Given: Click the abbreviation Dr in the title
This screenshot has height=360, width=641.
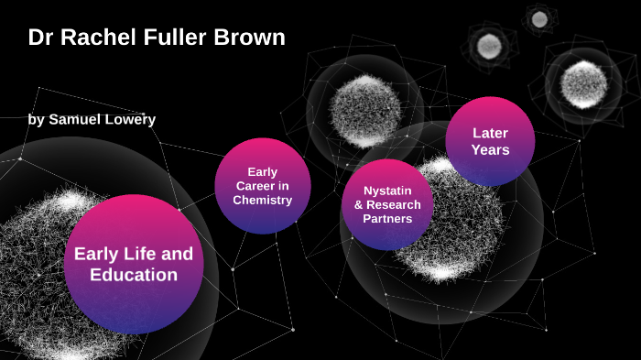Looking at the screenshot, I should [x=40, y=38].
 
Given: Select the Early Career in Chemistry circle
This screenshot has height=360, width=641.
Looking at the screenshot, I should [x=262, y=186].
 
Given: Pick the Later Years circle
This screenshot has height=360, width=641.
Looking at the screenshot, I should [x=490, y=141].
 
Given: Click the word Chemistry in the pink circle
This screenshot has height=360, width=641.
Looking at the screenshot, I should [x=262, y=200].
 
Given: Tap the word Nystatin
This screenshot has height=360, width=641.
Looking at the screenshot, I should [x=386, y=191].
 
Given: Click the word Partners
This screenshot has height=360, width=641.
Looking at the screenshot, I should [x=386, y=219].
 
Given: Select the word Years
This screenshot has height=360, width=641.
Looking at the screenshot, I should [x=490, y=150].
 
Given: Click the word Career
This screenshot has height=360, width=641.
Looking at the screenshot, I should [x=262, y=186].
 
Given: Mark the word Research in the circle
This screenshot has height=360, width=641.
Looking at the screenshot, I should [x=393, y=205].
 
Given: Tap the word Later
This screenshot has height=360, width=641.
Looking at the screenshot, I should [x=490, y=133].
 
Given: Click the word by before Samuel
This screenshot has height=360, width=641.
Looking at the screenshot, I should [x=36, y=119].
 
